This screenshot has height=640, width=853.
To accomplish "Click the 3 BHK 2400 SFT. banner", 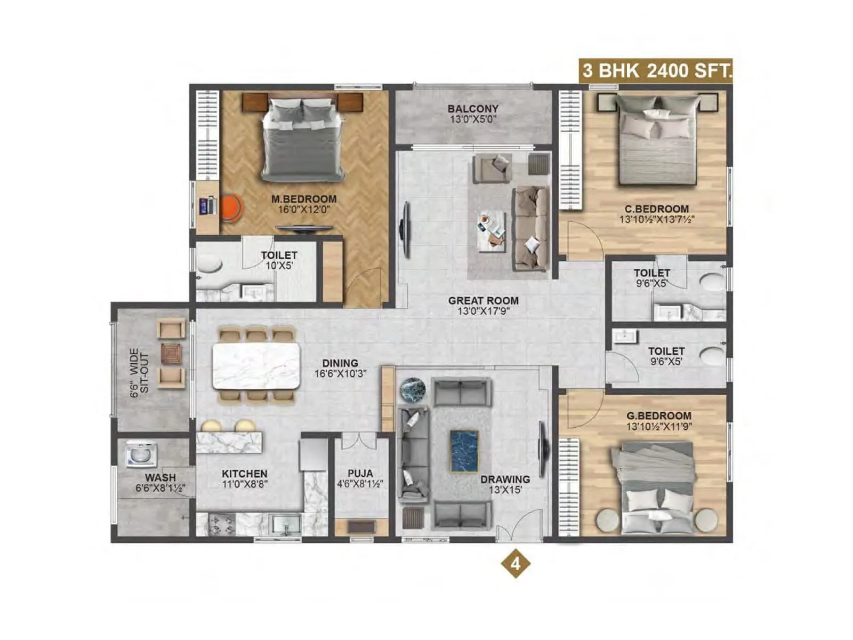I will [656, 70].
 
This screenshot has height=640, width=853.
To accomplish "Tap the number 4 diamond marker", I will [516, 563].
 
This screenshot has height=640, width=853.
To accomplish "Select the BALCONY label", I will [473, 108].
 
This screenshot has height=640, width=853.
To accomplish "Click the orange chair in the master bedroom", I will [231, 207].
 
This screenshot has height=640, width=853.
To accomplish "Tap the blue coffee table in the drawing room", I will [464, 451].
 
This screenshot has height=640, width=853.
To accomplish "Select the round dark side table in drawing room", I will [413, 389].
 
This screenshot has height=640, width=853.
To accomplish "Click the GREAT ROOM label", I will [483, 301].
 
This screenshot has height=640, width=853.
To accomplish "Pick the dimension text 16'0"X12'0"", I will [304, 210].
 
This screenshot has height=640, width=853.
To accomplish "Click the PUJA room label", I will [360, 474].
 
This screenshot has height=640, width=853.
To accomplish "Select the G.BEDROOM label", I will [658, 415].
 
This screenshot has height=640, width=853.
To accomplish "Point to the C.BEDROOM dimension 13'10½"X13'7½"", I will [657, 219].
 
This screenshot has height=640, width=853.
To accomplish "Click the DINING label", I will [340, 364].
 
